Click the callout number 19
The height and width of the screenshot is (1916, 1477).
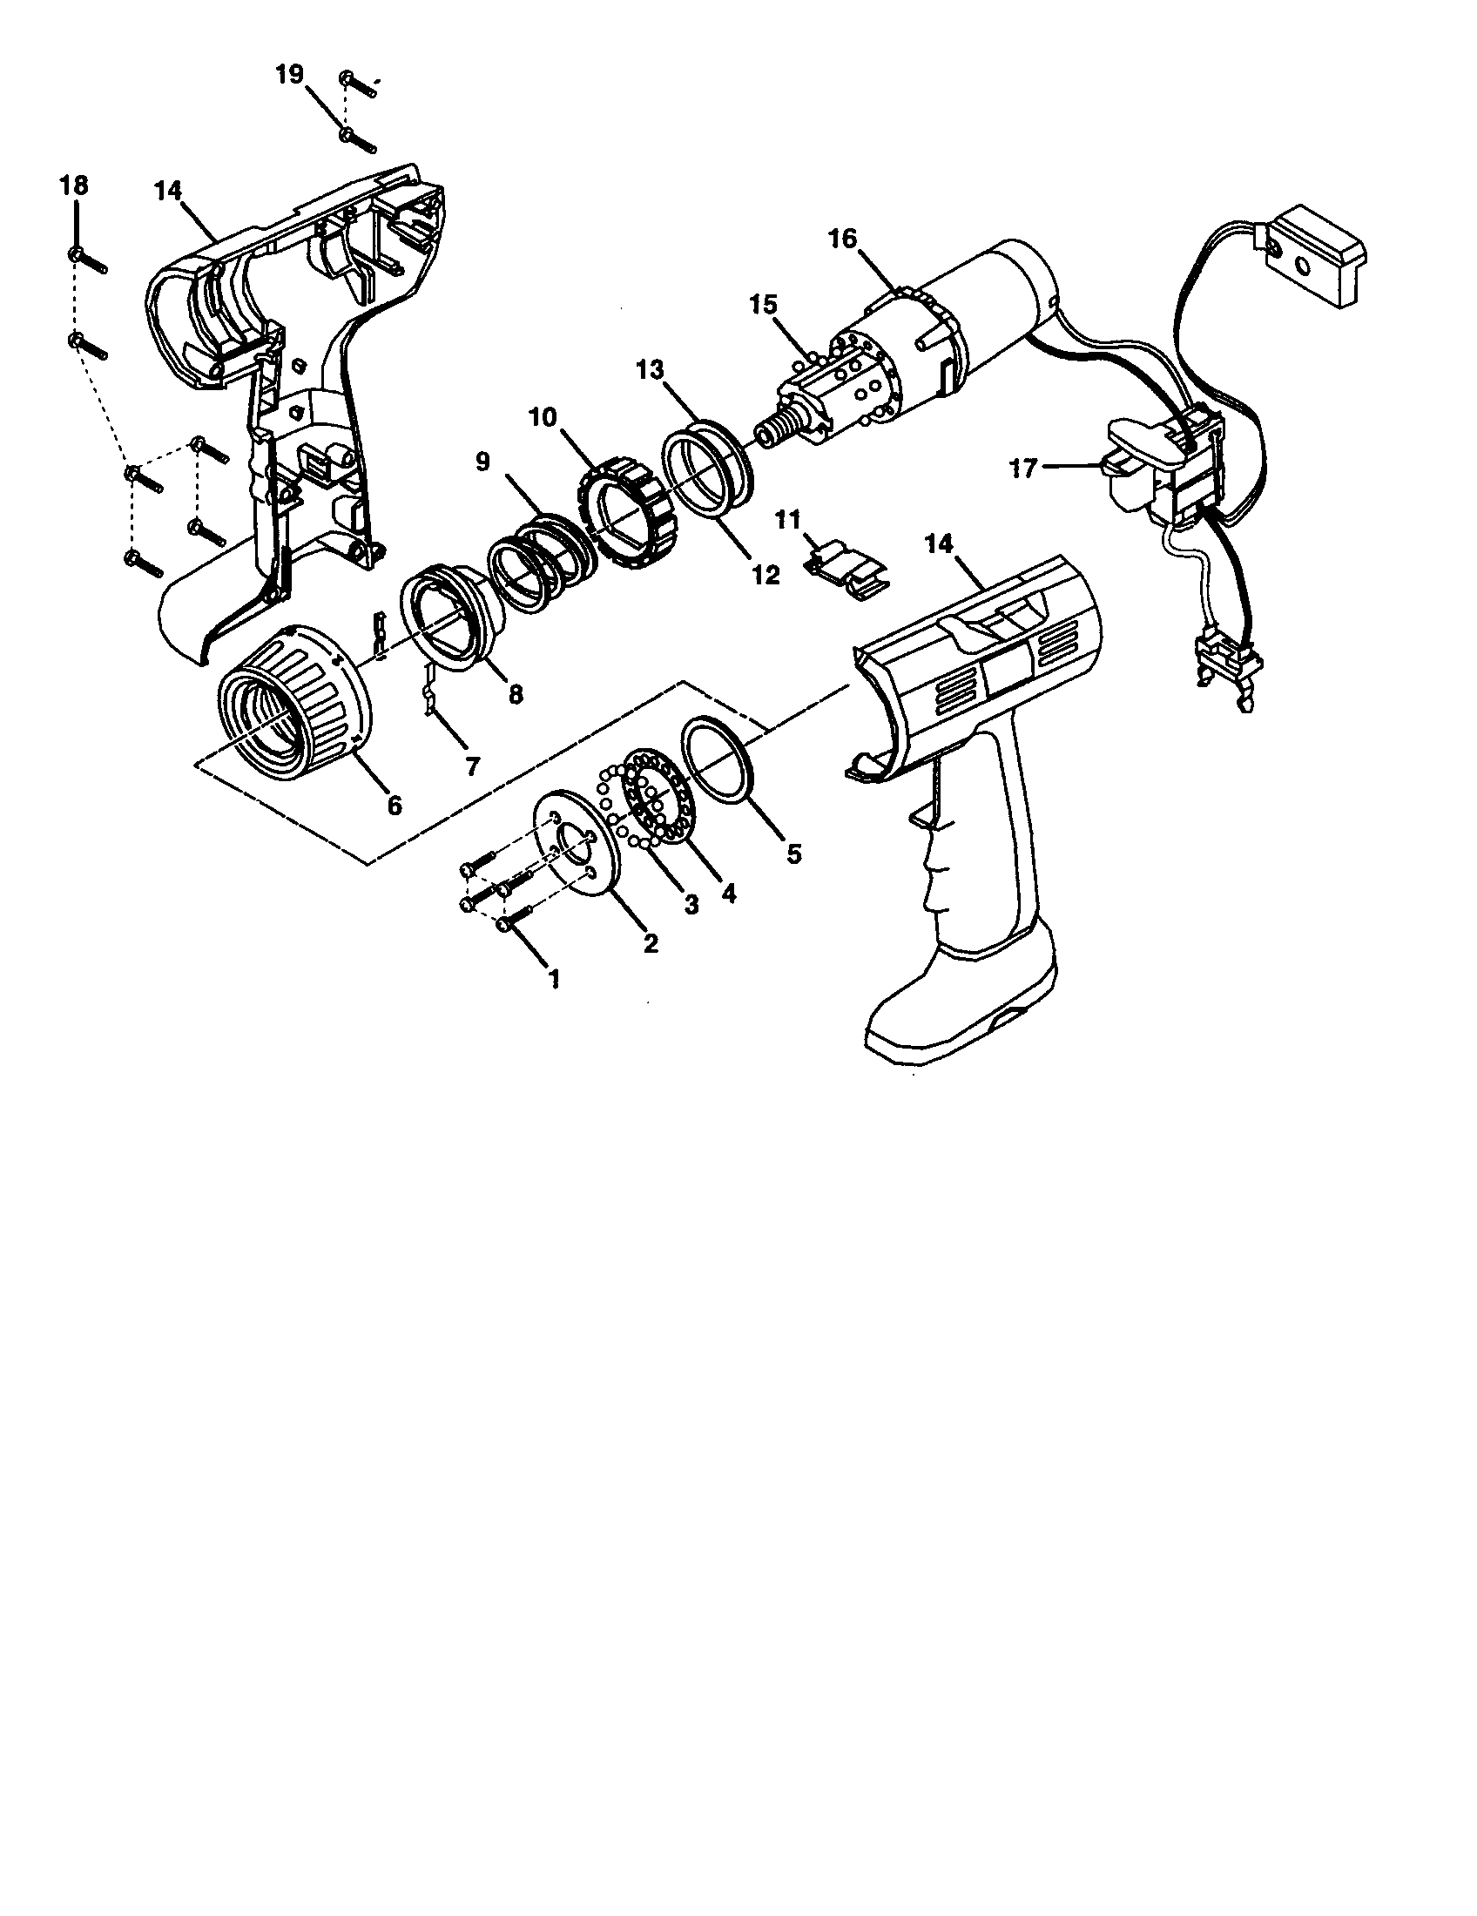pos(289,75)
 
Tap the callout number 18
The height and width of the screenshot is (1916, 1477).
pos(74,186)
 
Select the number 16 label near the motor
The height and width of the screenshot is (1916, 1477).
pos(842,239)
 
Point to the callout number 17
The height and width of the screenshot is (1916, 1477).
pos(1023,469)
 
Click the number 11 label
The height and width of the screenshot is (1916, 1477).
pos(787,520)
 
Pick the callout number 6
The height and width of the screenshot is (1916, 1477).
pos(394,804)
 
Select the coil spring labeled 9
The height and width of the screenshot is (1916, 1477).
pos(530,562)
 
